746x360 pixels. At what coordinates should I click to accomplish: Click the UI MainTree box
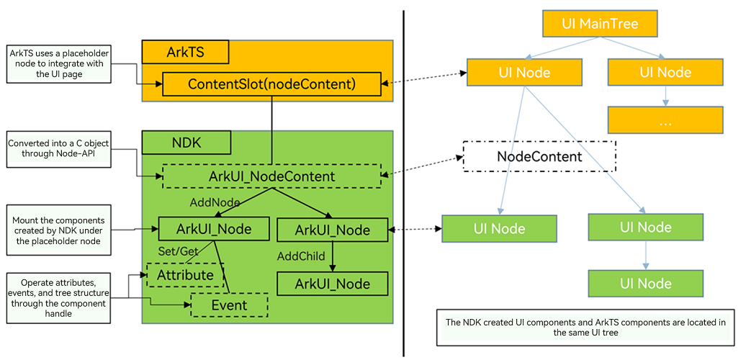[x=599, y=24]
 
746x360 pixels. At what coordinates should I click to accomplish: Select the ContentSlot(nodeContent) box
[x=271, y=84]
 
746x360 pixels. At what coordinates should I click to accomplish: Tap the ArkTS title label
[x=186, y=52]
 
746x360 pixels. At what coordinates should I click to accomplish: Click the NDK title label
[x=186, y=143]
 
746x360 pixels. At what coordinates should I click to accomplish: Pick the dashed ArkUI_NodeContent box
[x=271, y=176]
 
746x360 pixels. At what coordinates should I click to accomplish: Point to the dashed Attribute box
[x=186, y=275]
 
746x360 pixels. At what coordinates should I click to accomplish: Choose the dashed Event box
[x=229, y=305]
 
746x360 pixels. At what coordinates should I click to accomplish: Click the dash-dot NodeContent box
[x=539, y=156]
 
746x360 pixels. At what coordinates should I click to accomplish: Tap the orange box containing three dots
[x=665, y=120]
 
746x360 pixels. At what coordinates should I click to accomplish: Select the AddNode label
[x=214, y=202]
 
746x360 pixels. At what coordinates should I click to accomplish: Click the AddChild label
[x=302, y=256]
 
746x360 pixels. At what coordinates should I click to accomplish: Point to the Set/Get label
[x=178, y=251]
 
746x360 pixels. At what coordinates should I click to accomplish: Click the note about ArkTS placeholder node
[x=59, y=64]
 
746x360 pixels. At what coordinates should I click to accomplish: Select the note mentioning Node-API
[x=59, y=149]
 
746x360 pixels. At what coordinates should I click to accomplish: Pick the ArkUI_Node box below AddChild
[x=333, y=284]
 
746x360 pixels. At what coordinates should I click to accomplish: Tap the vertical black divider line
[x=403, y=183]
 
